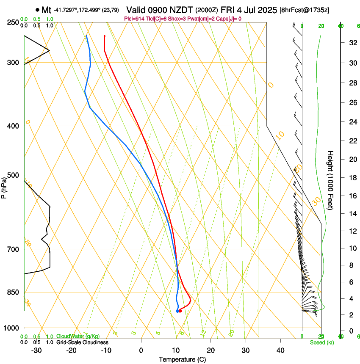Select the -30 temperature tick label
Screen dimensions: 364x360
point(36,350)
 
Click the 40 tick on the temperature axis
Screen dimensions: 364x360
point(280,350)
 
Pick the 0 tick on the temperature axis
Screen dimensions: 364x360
point(141,350)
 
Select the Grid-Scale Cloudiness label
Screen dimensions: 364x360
point(82,342)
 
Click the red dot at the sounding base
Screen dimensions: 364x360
point(180,311)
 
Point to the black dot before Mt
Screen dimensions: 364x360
point(38,10)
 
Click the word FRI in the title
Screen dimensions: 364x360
point(229,9)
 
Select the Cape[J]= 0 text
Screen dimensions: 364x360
point(230,19)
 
